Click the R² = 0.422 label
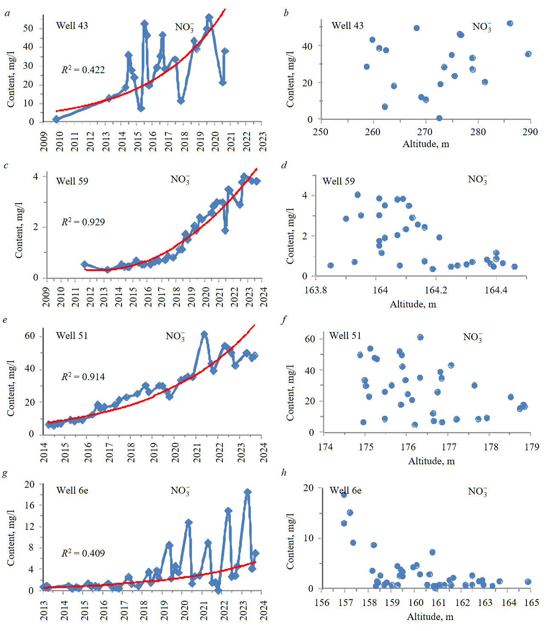pyautogui.click(x=83, y=70)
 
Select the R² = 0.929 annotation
pyautogui.click(x=83, y=222)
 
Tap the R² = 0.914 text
pyautogui.click(x=83, y=377)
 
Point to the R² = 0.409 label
pyautogui.click(x=83, y=553)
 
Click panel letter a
pyautogui.click(x=7, y=13)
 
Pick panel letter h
pyautogui.click(x=284, y=473)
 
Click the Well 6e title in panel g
pyautogui.click(x=72, y=491)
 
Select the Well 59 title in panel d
pyautogui.click(x=338, y=182)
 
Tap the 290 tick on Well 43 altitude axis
pyautogui.click(x=530, y=132)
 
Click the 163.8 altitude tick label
pyautogui.click(x=316, y=290)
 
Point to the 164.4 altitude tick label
pyautogui.click(x=496, y=290)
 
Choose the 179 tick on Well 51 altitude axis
pyautogui.click(x=532, y=447)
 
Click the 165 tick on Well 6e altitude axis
pyautogui.click(x=532, y=603)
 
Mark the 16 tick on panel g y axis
pyautogui.click(x=29, y=505)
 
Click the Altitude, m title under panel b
pyautogui.click(x=426, y=144)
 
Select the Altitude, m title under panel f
pyautogui.click(x=431, y=461)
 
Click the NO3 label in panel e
pyautogui.click(x=175, y=337)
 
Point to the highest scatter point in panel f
pyautogui.click(x=420, y=337)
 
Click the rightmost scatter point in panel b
pyautogui.click(x=528, y=54)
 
